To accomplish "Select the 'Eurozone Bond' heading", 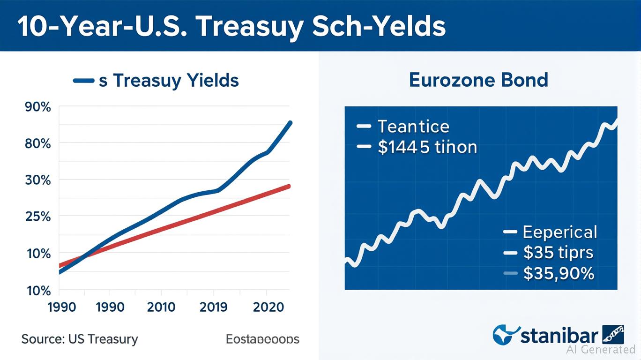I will (478, 80).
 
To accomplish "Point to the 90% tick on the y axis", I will (37, 107).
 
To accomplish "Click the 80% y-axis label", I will (37, 143).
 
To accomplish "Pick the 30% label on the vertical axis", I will (37, 180).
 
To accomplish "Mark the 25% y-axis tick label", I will (37, 217).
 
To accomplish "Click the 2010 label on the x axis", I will (161, 307).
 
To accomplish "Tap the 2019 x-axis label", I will (213, 307).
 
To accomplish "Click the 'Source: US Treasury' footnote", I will (80, 339).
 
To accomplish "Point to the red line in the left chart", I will (187, 220).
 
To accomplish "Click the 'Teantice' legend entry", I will (413, 127).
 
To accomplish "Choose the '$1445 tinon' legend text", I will (427, 148).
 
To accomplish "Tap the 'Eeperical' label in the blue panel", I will (559, 232).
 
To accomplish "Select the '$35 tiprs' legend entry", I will (558, 253).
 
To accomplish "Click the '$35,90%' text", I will (558, 273).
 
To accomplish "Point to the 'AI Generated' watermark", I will (601, 349).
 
